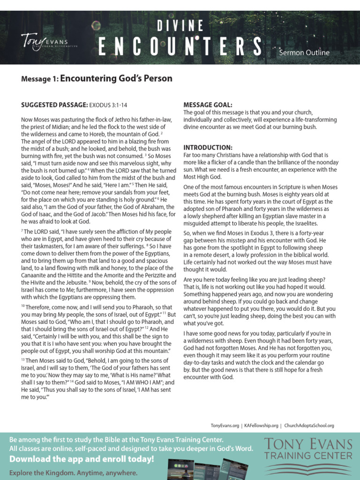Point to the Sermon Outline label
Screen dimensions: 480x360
pos(304,52)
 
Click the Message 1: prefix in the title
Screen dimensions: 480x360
pos(40,79)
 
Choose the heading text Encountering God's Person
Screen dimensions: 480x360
pos(116,79)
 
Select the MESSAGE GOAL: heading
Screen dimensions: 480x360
pos(208,105)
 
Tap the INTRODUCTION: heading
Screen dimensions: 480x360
pos(208,147)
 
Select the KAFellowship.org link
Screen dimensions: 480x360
pos(261,426)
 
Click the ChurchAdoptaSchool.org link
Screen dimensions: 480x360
pos(309,426)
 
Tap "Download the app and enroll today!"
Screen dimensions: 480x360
pos(82,458)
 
